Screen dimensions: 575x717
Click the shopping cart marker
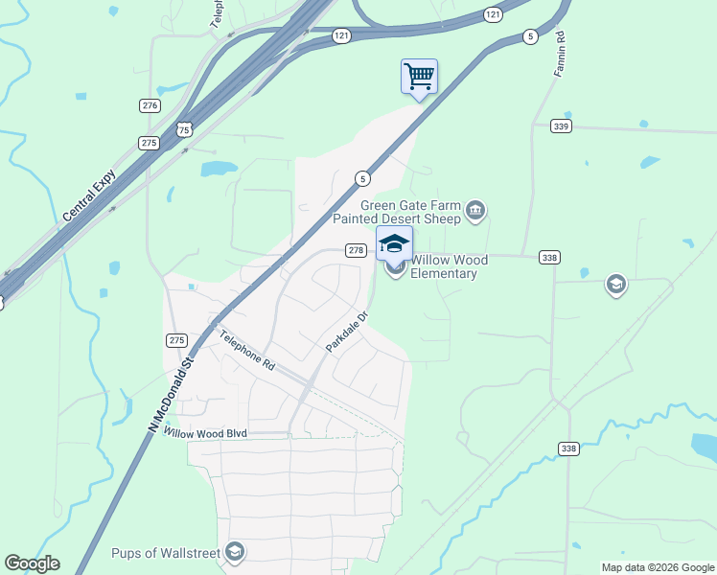[x=419, y=77]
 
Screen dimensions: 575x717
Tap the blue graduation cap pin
[x=394, y=243]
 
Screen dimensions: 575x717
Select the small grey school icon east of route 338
[x=615, y=284]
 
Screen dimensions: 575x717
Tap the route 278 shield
[x=356, y=250]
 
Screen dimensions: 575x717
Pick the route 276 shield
[x=149, y=105]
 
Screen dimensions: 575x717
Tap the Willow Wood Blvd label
[x=205, y=433]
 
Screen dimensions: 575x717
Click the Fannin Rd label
[x=561, y=57]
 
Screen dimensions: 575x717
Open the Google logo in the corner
[x=32, y=563]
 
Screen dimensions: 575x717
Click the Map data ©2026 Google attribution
[x=658, y=567]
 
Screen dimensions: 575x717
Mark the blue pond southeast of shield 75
[x=218, y=170]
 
